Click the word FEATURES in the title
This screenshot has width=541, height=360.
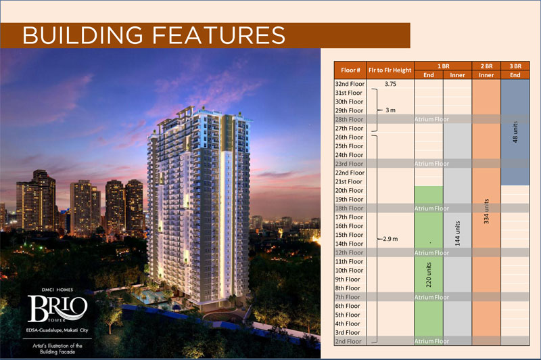(x=218, y=35)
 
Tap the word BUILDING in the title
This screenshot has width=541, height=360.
(x=83, y=35)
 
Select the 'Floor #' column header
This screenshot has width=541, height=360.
(x=350, y=70)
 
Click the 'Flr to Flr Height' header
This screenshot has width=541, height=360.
(x=390, y=70)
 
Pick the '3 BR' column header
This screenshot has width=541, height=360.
(x=515, y=66)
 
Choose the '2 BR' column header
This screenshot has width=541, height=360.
(x=486, y=66)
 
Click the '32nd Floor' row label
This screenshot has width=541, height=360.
(x=350, y=84)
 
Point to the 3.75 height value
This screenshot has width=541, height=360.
(x=390, y=84)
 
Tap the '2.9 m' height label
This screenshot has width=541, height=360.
(x=390, y=239)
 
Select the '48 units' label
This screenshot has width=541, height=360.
(x=515, y=132)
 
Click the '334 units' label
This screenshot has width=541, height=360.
(x=486, y=211)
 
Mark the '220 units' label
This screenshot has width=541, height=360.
(x=429, y=275)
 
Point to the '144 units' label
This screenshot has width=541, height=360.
(x=458, y=233)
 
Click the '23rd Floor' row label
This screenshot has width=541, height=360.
(x=349, y=164)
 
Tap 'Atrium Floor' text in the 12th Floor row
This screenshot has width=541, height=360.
(x=431, y=252)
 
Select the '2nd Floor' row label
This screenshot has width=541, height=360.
(x=348, y=341)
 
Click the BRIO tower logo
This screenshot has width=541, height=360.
(x=57, y=308)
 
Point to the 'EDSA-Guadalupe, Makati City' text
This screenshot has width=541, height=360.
(x=57, y=330)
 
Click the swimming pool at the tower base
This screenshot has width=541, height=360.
(x=149, y=297)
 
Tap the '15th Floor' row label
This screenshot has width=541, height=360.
(x=349, y=235)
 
